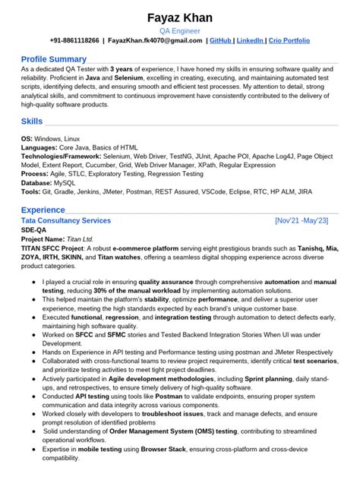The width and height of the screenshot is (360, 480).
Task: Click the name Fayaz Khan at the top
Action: tap(180, 17)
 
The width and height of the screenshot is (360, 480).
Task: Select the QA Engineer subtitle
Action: tap(180, 31)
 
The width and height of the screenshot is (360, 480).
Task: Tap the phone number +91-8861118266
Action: tap(74, 40)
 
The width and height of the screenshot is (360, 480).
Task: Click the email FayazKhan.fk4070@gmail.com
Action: tap(154, 40)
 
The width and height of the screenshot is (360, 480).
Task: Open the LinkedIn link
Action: tap(251, 40)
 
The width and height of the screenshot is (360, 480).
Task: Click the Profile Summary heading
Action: tap(53, 58)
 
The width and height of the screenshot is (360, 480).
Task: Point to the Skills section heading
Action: tap(31, 121)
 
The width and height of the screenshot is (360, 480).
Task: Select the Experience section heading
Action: tap(43, 209)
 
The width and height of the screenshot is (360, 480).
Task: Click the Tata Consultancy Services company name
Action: tap(66, 220)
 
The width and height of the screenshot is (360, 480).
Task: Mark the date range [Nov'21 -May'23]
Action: tap(302, 220)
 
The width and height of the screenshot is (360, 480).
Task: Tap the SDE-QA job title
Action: tap(33, 229)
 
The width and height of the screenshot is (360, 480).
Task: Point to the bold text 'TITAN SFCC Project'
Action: tap(52, 248)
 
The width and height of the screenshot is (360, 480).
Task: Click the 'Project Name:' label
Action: tap(43, 238)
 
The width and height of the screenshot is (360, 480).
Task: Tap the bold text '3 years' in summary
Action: tap(123, 68)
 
